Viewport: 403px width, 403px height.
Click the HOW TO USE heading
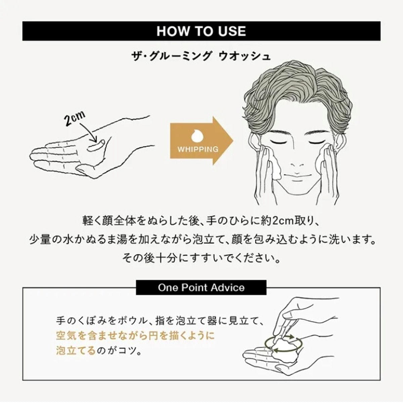201,31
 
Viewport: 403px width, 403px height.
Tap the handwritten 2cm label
75,118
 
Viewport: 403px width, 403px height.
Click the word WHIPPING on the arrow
198,149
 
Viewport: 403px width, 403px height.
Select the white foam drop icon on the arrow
197,136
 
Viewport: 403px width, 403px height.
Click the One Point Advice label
201,287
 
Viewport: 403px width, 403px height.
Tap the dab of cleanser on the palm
96,145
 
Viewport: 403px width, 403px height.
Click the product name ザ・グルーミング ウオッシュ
201,56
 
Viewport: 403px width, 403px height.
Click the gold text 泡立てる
76,350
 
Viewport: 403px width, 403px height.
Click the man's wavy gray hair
297,92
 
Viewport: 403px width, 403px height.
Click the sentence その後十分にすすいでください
201,259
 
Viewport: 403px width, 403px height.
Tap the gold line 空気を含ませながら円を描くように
135,335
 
